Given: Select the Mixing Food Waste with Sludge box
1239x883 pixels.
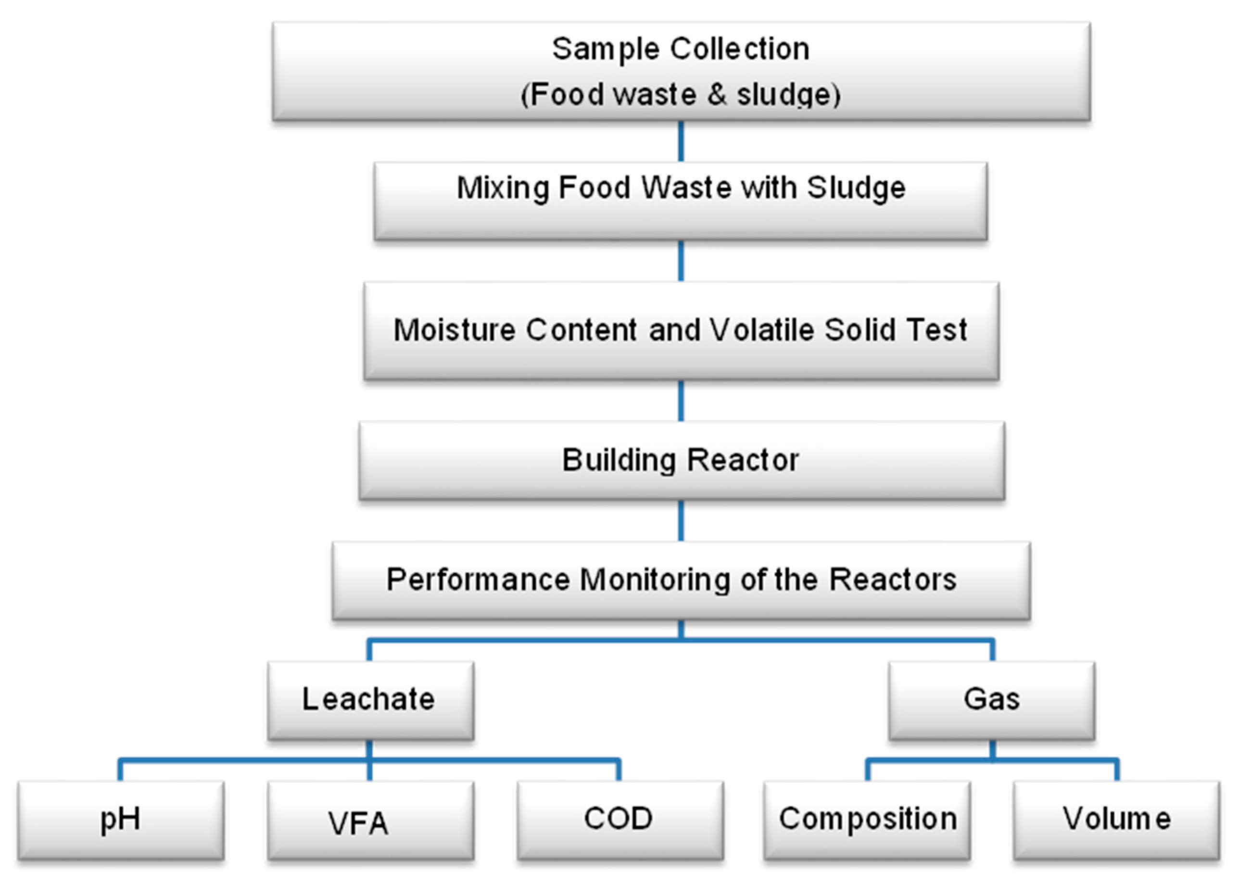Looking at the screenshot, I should [x=681, y=201].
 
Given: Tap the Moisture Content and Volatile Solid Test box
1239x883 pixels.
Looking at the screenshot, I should [x=681, y=330].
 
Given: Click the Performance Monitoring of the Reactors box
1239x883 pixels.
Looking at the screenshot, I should [x=681, y=580].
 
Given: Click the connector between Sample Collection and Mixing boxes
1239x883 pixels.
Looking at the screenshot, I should [x=681, y=141].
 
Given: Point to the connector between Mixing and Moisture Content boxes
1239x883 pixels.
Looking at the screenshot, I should [x=681, y=261].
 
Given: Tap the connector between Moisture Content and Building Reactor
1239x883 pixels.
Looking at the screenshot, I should [x=681, y=401].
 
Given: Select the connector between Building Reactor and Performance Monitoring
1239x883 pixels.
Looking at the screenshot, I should [x=681, y=520].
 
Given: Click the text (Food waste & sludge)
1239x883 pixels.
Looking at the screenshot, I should [x=681, y=95].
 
